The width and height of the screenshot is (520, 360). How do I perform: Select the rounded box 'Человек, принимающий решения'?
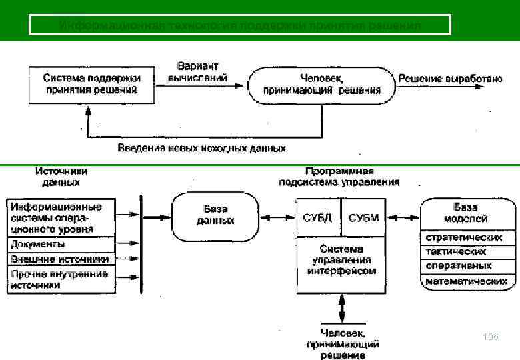pyautogui.click(x=321, y=85)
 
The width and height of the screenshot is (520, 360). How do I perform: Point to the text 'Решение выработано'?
pyautogui.click(x=450, y=79)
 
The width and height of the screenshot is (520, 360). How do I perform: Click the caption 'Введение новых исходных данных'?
pyautogui.click(x=202, y=147)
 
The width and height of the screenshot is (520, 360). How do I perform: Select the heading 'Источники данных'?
pyautogui.click(x=61, y=177)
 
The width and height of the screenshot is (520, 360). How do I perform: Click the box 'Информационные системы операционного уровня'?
pyautogui.click(x=61, y=217)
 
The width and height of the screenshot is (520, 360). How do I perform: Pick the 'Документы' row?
pyautogui.click(x=61, y=244)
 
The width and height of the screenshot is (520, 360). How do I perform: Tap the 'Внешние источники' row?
pyautogui.click(x=61, y=259)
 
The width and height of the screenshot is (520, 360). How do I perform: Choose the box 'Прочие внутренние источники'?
pyautogui.click(x=61, y=279)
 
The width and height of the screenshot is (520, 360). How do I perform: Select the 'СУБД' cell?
pyautogui.click(x=319, y=217)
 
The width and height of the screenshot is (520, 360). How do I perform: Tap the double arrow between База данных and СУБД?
pyautogui.click(x=277, y=217)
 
